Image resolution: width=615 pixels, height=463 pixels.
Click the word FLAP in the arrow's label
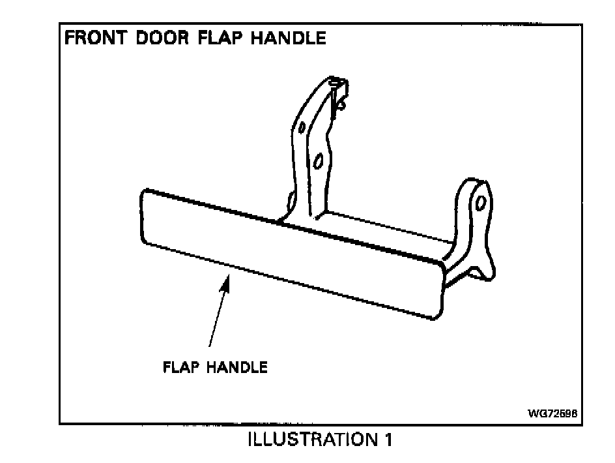[x=182, y=368]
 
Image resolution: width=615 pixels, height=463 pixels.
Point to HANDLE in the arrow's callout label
[x=237, y=368]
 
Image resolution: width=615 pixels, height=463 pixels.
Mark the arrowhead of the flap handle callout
[x=227, y=279]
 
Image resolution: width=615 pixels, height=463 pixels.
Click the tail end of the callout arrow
[x=209, y=346]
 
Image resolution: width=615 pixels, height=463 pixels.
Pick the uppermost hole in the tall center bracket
[x=301, y=127]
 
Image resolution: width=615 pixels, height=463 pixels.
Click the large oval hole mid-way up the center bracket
[x=318, y=161]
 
